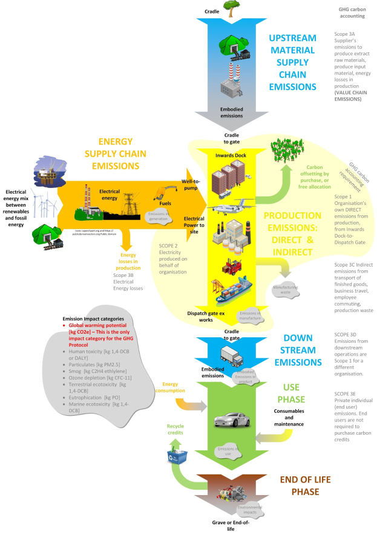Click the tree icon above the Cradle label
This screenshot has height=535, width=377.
click(x=231, y=7)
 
